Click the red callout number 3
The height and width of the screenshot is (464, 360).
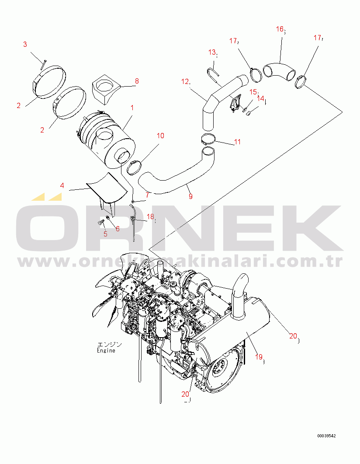pyautogui.click(x=25, y=44)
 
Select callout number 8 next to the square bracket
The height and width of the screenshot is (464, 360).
pyautogui.click(x=137, y=81)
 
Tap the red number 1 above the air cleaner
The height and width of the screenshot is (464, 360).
pyautogui.click(x=132, y=108)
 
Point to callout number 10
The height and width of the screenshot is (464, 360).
pyautogui.click(x=160, y=136)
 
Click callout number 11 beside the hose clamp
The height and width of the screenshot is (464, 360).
pyautogui.click(x=237, y=142)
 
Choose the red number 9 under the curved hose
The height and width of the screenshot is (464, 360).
pyautogui.click(x=190, y=196)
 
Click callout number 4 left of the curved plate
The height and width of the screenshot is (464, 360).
pyautogui.click(x=62, y=185)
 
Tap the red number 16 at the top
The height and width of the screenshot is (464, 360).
pyautogui.click(x=280, y=29)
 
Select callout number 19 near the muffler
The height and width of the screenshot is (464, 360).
pyautogui.click(x=259, y=357)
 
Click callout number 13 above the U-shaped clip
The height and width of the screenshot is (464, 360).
pyautogui.click(x=212, y=52)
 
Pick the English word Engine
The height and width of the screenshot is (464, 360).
pyautogui.click(x=106, y=350)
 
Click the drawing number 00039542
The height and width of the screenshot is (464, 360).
pyautogui.click(x=327, y=436)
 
